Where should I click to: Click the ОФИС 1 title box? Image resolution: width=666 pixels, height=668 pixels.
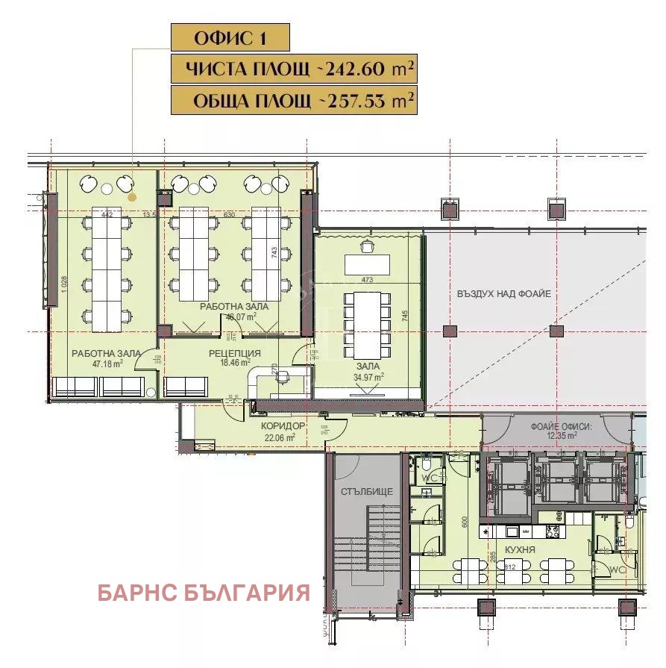(230, 37)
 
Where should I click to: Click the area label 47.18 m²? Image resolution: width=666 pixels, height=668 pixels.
(107, 364)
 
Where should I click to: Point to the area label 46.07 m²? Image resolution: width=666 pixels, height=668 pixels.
(241, 316)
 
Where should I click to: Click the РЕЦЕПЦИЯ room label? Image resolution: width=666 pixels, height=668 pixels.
(234, 354)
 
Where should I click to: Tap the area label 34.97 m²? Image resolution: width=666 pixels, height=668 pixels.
(368, 377)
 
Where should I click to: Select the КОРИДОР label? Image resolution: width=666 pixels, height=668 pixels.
(283, 426)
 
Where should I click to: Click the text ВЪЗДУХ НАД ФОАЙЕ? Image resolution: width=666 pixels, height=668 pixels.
(504, 294)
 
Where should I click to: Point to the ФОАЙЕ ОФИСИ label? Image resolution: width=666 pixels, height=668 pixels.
(560, 427)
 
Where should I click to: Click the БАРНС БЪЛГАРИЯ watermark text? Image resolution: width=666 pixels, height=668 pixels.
(204, 593)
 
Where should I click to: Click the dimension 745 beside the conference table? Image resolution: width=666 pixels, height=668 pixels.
(405, 316)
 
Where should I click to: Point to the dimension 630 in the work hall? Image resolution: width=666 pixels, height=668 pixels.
(229, 216)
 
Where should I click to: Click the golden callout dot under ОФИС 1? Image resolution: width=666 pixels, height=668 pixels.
(132, 198)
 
